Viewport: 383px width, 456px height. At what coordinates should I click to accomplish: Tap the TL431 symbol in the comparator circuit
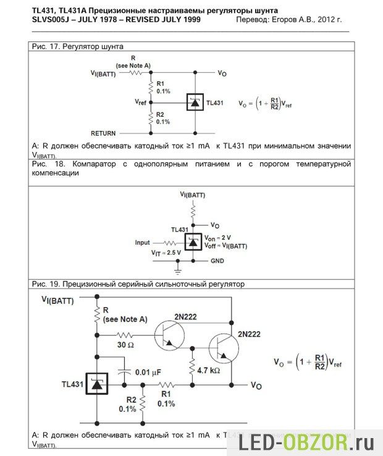[193, 242]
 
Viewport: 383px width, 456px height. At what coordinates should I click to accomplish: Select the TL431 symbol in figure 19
[97, 384]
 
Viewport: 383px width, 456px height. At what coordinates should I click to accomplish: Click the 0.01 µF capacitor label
[149, 373]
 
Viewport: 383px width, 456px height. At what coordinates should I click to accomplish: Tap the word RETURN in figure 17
[103, 133]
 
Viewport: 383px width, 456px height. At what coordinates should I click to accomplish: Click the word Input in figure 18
[143, 243]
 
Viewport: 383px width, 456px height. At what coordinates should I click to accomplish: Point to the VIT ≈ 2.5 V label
[166, 253]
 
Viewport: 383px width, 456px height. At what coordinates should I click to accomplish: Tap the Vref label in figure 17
[141, 100]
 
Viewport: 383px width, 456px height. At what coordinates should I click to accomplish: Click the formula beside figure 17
[265, 104]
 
